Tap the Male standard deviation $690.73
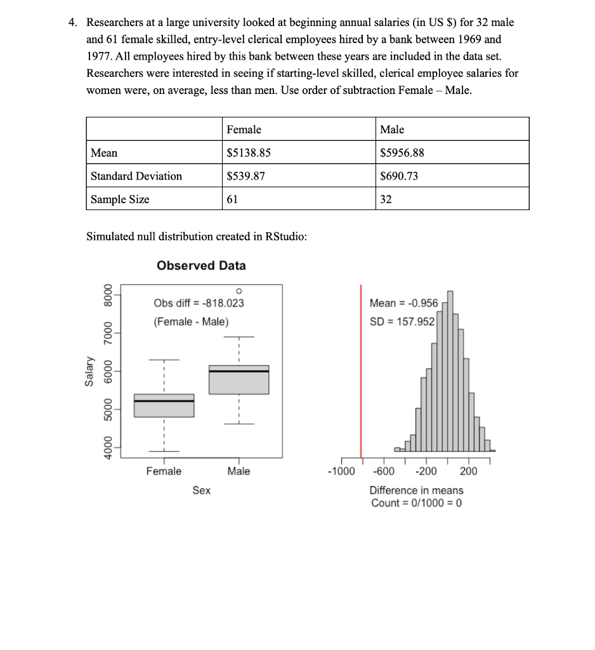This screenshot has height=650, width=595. [x=399, y=176]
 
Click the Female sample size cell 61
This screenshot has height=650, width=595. [x=233, y=199]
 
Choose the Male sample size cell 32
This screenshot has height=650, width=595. [x=386, y=199]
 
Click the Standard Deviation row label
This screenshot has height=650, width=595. [x=136, y=176]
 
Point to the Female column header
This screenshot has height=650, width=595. [x=244, y=129]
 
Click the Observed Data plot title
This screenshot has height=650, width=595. [x=201, y=265]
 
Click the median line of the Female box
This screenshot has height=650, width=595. [x=164, y=401]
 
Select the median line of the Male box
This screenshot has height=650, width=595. [x=239, y=371]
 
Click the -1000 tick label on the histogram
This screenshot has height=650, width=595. [x=341, y=472]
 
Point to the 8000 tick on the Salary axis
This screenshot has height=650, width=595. [x=107, y=296]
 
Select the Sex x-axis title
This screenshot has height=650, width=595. [x=202, y=490]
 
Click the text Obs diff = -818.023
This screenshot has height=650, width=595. [x=199, y=303]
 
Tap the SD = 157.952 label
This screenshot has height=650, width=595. [x=402, y=322]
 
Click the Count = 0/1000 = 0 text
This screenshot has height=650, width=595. [x=416, y=503]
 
